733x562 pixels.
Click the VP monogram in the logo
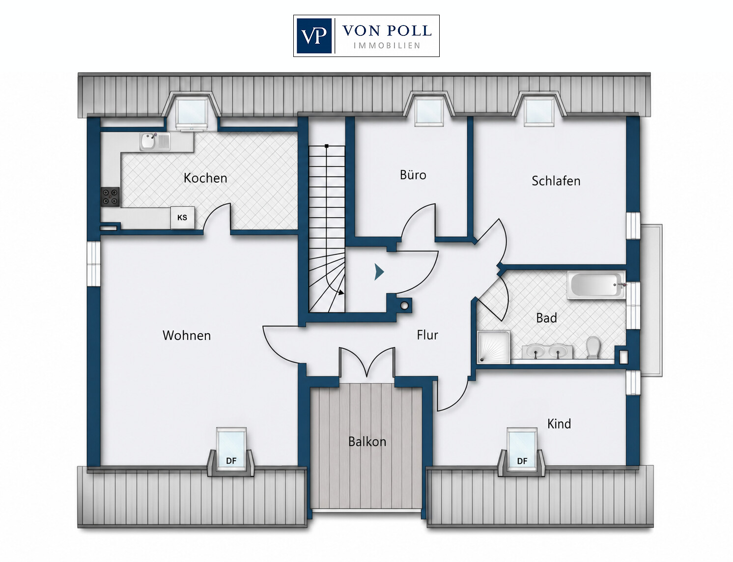click(x=314, y=36)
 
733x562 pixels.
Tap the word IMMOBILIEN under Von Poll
click(x=387, y=46)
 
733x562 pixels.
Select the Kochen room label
click(x=205, y=178)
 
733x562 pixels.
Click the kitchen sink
click(x=155, y=141)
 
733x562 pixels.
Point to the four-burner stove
click(x=111, y=197)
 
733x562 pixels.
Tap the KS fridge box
click(x=182, y=218)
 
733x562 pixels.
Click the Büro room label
click(x=413, y=174)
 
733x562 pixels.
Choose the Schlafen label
click(x=556, y=181)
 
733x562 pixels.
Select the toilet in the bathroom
click(x=592, y=347)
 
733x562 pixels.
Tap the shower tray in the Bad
click(x=494, y=347)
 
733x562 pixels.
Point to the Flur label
click(x=427, y=335)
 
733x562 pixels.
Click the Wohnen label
click(x=187, y=336)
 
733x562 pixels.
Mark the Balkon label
click(x=367, y=442)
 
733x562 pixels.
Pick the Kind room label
click(x=559, y=424)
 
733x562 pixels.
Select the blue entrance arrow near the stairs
click(x=379, y=272)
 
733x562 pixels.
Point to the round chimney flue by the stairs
click(x=404, y=306)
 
